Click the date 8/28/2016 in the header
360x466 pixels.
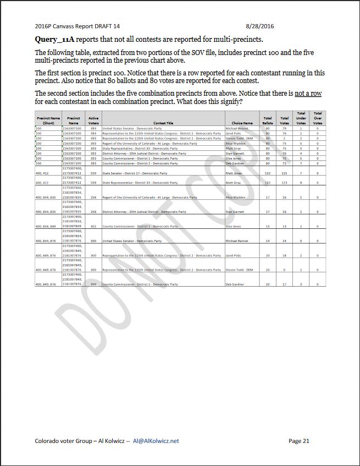coord(261,26)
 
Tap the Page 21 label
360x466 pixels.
coord(299,441)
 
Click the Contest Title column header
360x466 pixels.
coord(163,123)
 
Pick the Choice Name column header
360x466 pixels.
coord(242,123)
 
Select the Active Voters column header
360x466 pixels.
coord(93,120)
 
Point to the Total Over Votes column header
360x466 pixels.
coord(318,118)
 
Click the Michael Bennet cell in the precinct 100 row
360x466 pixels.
coord(237,128)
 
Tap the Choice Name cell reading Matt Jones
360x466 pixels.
coord(234,173)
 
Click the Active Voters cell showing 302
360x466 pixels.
coord(93,226)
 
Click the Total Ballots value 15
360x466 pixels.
coord(268,226)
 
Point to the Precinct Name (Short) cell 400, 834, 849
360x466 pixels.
coord(46,226)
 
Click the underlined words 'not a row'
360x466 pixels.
coord(308,94)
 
